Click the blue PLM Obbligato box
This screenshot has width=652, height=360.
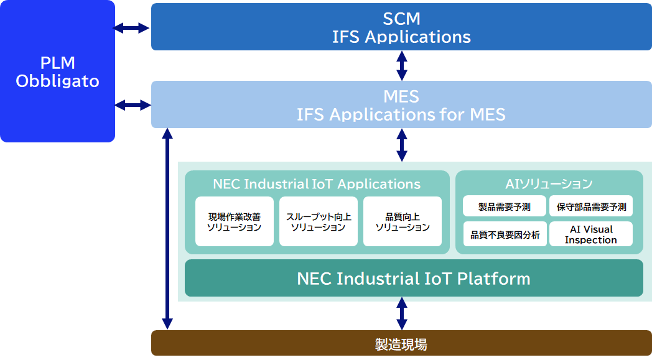(57, 72)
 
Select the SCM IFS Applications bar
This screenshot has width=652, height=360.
(401, 27)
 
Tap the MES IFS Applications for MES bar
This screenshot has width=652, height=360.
(401, 105)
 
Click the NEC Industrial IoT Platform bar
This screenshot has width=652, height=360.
(414, 278)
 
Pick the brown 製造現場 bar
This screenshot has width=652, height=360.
(401, 343)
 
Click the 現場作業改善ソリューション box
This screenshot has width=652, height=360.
(234, 222)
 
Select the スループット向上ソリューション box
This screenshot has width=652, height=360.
(318, 222)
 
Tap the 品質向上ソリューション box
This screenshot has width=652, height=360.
(402, 222)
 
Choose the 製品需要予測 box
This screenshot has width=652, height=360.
(504, 206)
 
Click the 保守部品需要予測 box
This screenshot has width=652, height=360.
(591, 206)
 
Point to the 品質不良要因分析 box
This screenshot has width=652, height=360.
(505, 234)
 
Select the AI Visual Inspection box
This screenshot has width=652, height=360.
(591, 234)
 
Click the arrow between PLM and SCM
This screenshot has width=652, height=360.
(133, 28)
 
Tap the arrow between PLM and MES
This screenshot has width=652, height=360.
(133, 105)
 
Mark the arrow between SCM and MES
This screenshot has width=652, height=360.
(402, 65)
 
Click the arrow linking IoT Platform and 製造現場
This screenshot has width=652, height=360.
(402, 313)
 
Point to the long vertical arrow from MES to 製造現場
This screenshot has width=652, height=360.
(167, 229)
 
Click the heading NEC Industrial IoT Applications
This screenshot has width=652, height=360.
(317, 184)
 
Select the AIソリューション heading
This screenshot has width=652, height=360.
(549, 184)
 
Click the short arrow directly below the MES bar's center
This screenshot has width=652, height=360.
(402, 145)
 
